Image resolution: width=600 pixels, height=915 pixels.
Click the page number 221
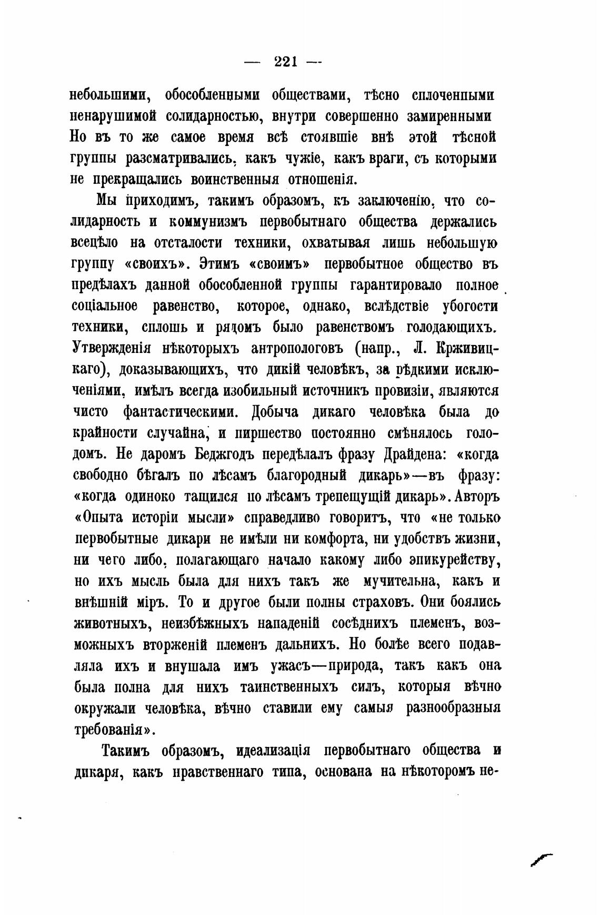tap(286, 62)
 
